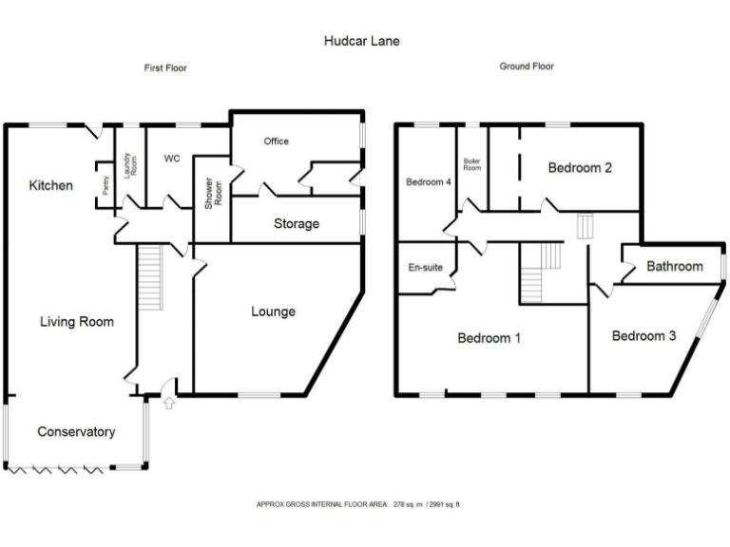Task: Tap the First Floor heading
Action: coord(164,68)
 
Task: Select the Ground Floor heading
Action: coord(527,66)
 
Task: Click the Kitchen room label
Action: coord(50,186)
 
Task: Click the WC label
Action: coord(172,159)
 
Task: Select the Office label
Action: coord(276,141)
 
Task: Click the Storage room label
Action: coord(297,224)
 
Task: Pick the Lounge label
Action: coord(274,311)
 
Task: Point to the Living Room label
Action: coord(77,322)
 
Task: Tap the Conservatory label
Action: coord(76,432)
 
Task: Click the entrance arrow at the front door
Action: coord(169,405)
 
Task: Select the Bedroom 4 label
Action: coord(428,182)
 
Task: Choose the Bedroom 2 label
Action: coord(580,168)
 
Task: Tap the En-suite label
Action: coord(426,268)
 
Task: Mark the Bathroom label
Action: coord(675,267)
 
